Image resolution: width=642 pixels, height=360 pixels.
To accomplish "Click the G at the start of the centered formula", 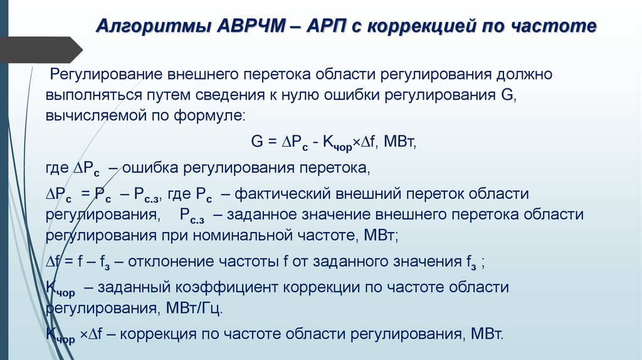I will coord(256,142).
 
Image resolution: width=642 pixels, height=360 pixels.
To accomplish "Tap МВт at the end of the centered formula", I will coord(401,142).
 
